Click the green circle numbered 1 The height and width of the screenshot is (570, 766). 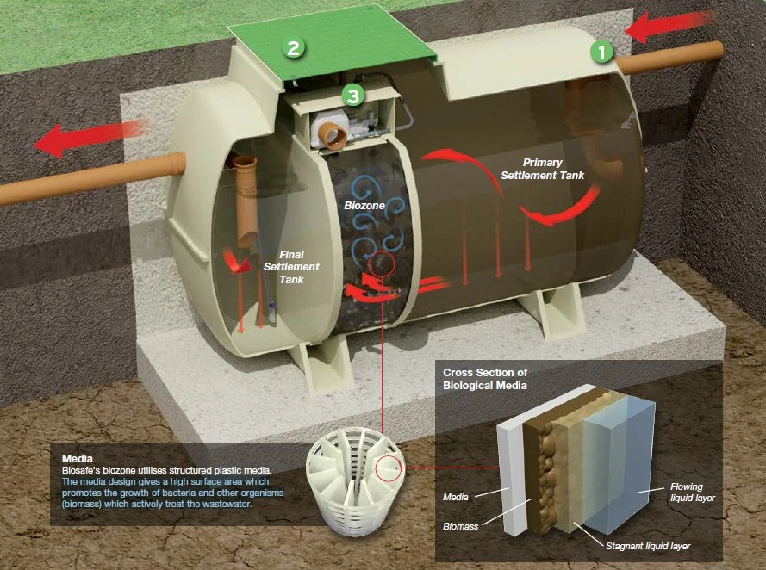tap(601, 52)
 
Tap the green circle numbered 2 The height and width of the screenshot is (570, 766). tap(294, 47)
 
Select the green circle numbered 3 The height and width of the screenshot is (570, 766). tap(352, 95)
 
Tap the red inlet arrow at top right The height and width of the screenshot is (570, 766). tap(673, 26)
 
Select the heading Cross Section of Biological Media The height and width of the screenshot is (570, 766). tap(496, 378)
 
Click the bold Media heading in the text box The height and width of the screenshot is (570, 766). tap(77, 458)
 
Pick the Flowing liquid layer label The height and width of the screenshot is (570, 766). tap(693, 492)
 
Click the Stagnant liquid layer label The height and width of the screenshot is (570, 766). tap(648, 547)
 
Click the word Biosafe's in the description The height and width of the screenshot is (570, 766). tap(84, 470)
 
